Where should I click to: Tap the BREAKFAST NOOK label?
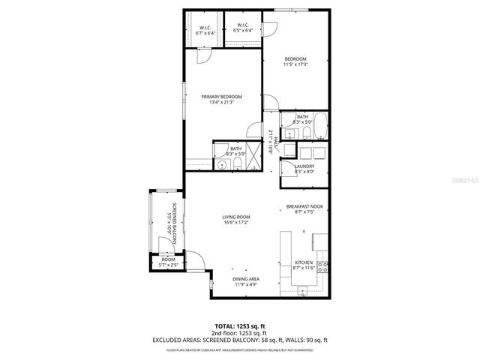tap(304, 207)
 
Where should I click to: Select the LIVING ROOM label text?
tap(235, 217)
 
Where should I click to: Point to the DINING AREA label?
tap(246, 279)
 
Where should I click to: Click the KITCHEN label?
tap(303, 263)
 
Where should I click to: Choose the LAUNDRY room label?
tap(304, 166)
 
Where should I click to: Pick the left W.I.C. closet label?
tap(205, 28)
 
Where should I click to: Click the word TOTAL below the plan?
tap(225, 325)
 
